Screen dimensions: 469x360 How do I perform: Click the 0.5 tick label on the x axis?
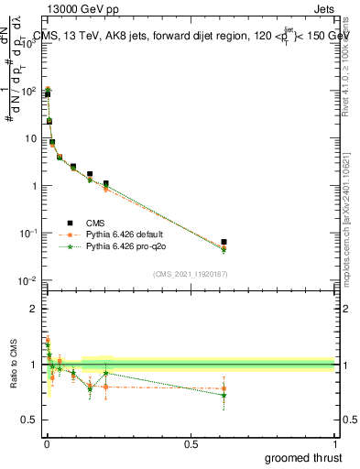191,443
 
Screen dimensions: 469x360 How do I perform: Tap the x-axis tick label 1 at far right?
334,443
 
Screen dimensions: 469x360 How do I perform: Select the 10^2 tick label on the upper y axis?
27,91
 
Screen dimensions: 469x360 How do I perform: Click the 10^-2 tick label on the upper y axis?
27,280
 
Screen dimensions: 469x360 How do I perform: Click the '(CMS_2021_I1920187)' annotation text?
189,274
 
